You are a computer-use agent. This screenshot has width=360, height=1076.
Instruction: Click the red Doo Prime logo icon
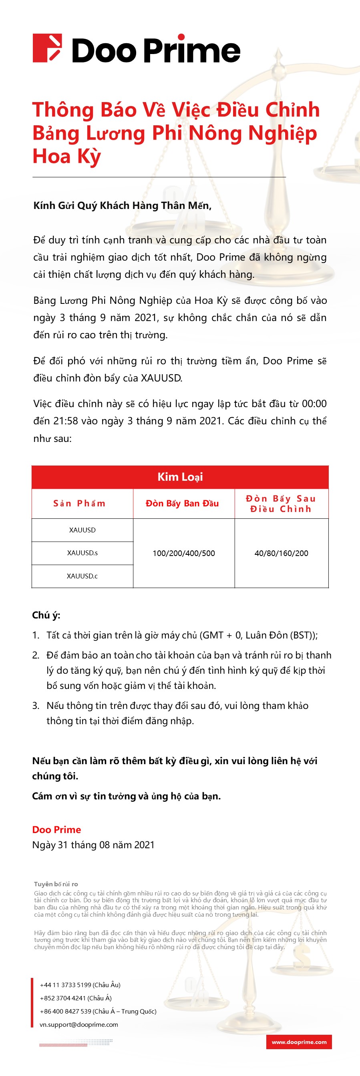click(x=47, y=48)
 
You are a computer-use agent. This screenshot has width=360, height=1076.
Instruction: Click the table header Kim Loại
click(x=180, y=477)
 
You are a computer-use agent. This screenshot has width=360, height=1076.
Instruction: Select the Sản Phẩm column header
click(x=79, y=503)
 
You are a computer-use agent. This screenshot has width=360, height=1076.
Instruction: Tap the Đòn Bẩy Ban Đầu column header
click(x=182, y=503)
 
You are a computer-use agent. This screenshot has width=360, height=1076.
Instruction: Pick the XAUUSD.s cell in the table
click(x=82, y=553)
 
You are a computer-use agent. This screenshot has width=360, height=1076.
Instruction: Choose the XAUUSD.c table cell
click(x=82, y=576)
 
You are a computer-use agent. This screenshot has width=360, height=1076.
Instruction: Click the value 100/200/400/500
click(x=184, y=553)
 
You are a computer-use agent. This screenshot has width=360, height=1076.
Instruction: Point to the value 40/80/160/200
click(x=281, y=553)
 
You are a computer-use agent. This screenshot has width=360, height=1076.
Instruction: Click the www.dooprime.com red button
click(x=299, y=1042)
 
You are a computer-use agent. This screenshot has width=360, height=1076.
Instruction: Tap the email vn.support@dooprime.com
click(x=79, y=1024)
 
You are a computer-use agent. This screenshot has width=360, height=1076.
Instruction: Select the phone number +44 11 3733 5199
click(x=66, y=984)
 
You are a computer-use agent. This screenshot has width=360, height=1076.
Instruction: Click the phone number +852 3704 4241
click(x=62, y=998)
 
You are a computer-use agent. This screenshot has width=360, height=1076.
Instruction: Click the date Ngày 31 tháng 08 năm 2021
click(x=93, y=845)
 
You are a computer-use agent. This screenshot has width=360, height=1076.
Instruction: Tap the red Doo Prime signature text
click(x=56, y=829)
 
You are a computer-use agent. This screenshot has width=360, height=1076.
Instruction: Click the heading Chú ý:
click(x=46, y=615)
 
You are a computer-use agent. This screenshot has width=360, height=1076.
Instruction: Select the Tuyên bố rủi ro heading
click(x=56, y=884)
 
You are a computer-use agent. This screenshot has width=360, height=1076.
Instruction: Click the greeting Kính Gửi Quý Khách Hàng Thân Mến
click(x=122, y=205)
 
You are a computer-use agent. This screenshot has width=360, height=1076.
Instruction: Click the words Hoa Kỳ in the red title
click(x=67, y=157)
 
